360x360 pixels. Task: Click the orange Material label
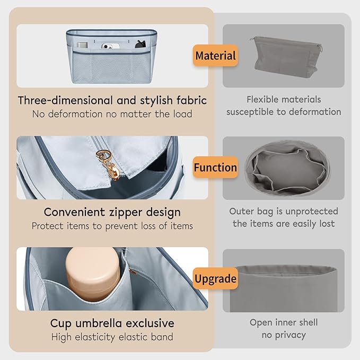(215, 56)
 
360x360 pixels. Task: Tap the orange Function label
(215, 167)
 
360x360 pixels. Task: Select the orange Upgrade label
(215, 278)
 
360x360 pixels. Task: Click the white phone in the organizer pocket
(110, 46)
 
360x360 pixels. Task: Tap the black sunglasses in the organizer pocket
(141, 45)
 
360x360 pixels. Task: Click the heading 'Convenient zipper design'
(112, 212)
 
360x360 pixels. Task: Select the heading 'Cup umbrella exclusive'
(112, 323)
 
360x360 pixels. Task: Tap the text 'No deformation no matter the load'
(112, 114)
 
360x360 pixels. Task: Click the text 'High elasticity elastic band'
(112, 337)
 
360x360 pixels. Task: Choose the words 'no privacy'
(284, 335)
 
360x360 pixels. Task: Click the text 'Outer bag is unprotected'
(284, 211)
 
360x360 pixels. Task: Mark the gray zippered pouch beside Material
(286, 56)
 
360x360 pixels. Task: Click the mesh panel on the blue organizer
(111, 68)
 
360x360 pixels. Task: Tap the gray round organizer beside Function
(287, 168)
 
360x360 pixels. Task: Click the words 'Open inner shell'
(284, 322)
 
